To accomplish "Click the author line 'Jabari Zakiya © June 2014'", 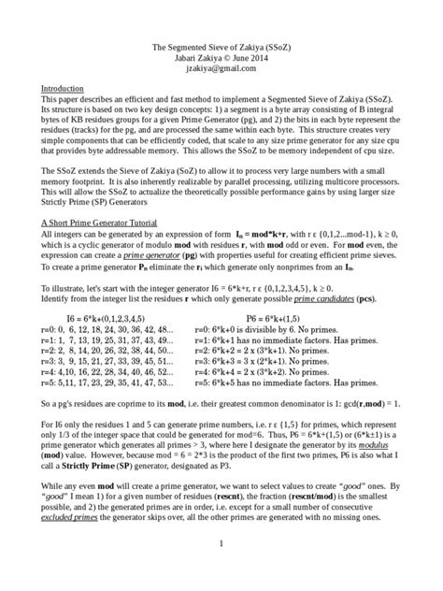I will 221,57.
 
